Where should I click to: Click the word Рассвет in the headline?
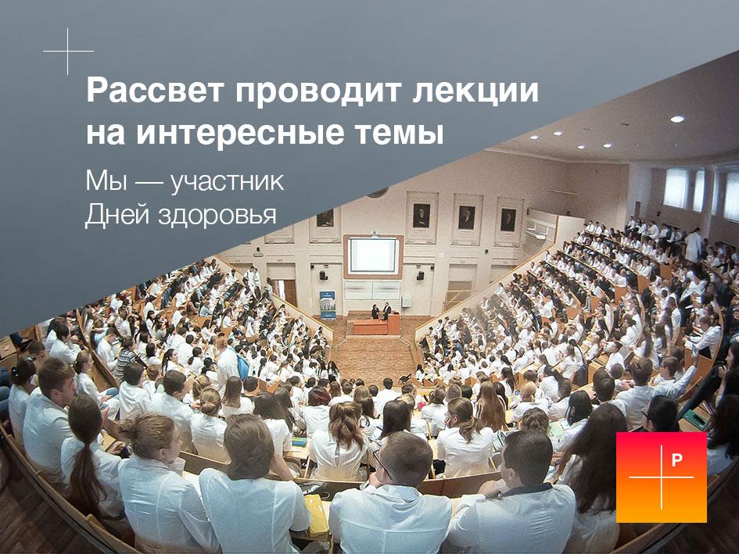point(154,91)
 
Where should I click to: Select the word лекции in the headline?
point(475,91)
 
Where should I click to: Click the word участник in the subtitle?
point(227,182)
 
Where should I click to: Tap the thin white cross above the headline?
point(68,51)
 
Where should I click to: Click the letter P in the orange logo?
point(676,459)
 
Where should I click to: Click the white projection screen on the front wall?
point(374,255)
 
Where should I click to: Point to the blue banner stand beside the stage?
point(328,305)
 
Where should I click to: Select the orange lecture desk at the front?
point(377,326)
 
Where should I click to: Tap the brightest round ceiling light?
point(676,120)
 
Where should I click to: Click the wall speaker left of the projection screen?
point(322,274)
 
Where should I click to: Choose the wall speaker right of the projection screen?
point(420,275)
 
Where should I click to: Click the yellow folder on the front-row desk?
point(316,514)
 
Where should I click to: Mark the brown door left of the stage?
point(290,293)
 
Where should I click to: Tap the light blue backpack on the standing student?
point(242,366)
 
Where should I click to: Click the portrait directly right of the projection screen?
point(422,216)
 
